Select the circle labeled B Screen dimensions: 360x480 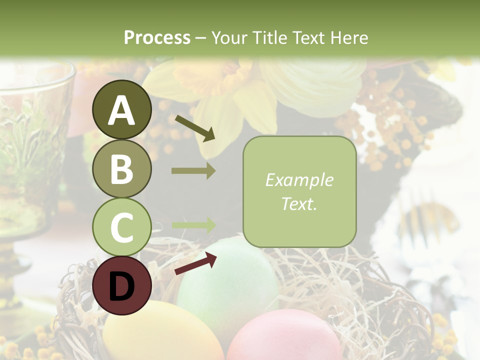(x=121, y=168)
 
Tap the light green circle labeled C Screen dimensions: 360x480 (x=121, y=227)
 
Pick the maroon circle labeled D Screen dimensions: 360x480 (x=121, y=286)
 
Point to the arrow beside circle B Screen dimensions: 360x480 (x=193, y=170)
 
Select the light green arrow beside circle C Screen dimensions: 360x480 (x=193, y=225)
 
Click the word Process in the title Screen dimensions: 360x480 (x=157, y=37)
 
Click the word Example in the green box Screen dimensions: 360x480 (x=299, y=180)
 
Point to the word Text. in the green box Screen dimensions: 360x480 (x=299, y=203)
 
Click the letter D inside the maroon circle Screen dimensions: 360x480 (x=121, y=286)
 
